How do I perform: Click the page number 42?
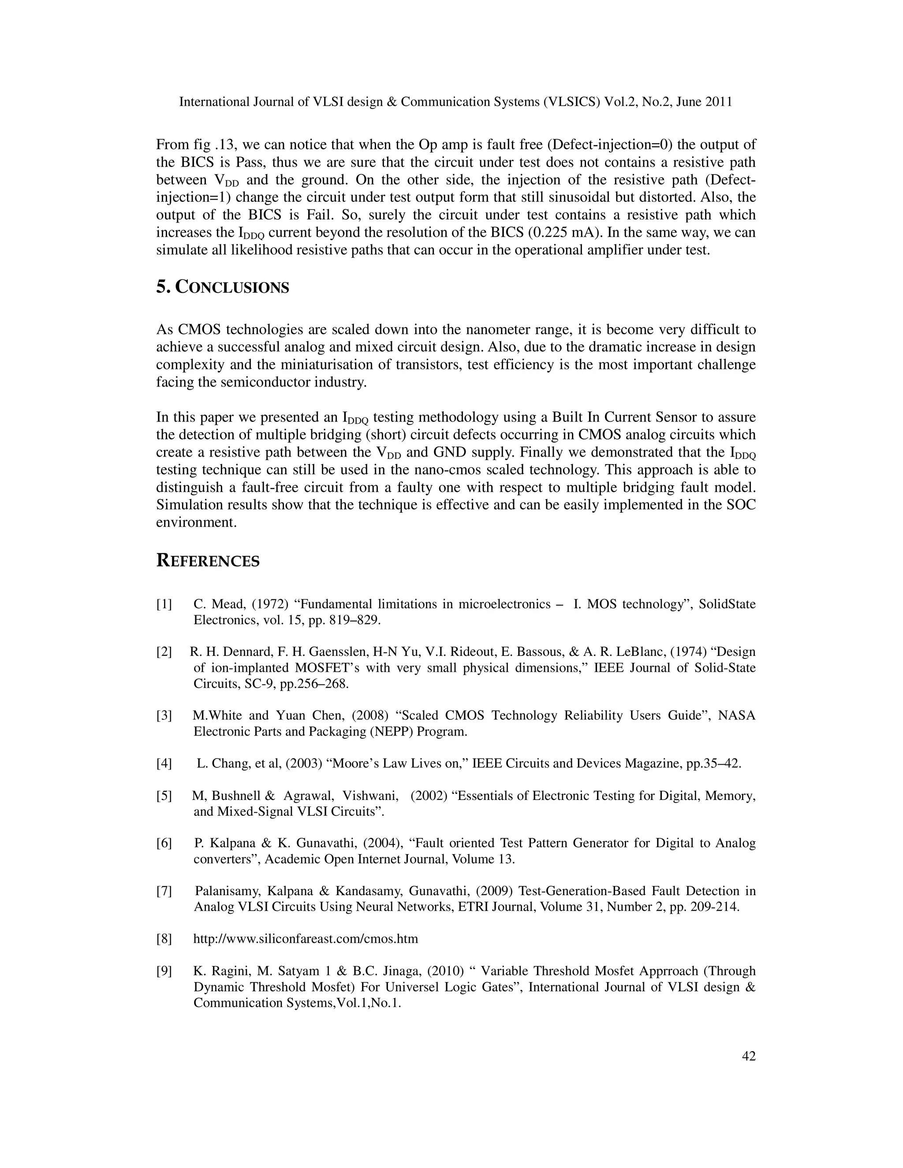coord(748,1056)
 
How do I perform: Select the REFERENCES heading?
coord(208,561)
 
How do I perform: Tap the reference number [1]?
coord(164,604)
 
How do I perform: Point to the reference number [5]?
coord(164,796)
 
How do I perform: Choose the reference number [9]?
coord(164,971)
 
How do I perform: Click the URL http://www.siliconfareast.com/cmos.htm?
coord(306,938)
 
